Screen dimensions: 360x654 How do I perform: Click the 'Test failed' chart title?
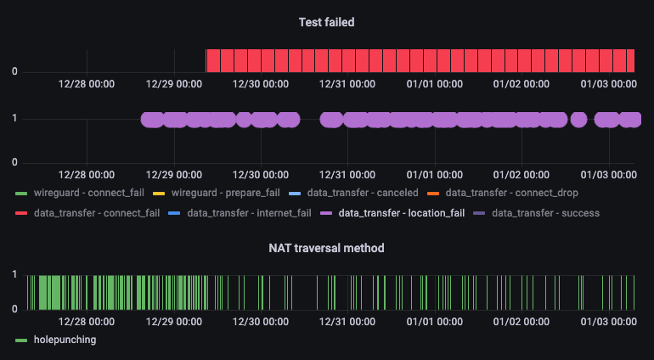pyautogui.click(x=326, y=22)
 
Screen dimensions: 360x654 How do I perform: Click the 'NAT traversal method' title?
pyautogui.click(x=326, y=248)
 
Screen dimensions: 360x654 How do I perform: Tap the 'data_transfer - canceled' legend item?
pyautogui.click(x=363, y=193)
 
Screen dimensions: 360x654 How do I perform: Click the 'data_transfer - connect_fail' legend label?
pyautogui.click(x=96, y=212)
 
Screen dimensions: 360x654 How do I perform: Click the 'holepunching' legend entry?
pyautogui.click(x=65, y=340)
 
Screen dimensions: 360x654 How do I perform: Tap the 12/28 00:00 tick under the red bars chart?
pyautogui.click(x=87, y=84)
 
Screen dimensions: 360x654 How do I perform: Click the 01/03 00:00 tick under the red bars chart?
pyautogui.click(x=609, y=84)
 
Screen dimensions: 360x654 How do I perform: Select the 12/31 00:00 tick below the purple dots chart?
pyautogui.click(x=347, y=174)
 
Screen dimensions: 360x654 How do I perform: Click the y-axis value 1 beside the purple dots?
pyautogui.click(x=14, y=119)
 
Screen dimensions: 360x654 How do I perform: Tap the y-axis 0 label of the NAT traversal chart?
pyautogui.click(x=14, y=310)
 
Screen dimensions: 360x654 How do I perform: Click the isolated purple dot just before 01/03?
pyautogui.click(x=579, y=119)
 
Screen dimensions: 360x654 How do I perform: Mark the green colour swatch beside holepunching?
pyautogui.click(x=22, y=340)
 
